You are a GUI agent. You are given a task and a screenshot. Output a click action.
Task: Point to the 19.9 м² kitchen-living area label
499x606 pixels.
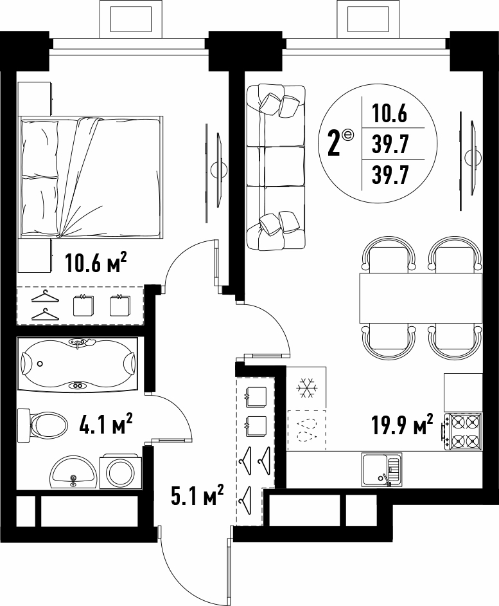coord(402,425)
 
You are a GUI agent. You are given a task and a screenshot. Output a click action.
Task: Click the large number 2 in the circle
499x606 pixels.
coord(333,143)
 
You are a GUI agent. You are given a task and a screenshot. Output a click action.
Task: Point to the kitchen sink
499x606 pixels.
coord(382,469)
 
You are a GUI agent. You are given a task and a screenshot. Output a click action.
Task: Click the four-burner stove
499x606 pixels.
coord(462,431)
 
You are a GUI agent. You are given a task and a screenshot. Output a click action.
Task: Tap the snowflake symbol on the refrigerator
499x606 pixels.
coord(307,387)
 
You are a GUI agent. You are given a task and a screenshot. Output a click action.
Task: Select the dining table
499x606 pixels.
coord(421,298)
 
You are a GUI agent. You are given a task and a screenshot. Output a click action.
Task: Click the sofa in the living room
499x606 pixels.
coord(276,168)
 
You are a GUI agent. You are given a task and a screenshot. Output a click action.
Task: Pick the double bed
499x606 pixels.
coord(91,177)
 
